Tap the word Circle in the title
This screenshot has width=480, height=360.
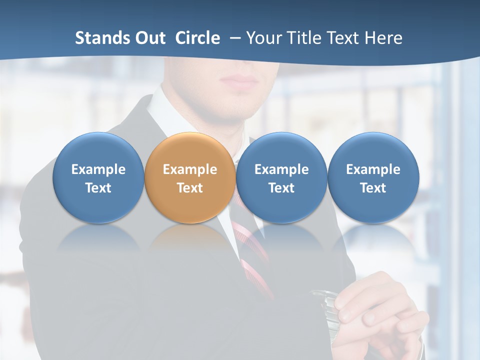[197, 38]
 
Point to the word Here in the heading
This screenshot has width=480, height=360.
[383, 38]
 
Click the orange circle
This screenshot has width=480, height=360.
[190, 177]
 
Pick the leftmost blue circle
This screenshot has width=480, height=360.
[98, 177]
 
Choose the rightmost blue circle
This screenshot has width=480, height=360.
[373, 177]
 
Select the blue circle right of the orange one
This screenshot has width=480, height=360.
[281, 177]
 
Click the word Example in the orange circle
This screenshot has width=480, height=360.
[190, 169]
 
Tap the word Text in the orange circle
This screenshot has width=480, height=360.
[190, 188]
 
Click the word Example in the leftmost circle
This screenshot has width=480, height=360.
[98, 169]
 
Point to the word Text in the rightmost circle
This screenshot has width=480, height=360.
[373, 188]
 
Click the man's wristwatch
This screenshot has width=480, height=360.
[325, 305]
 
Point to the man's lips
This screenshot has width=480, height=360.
[239, 79]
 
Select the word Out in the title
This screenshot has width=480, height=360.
[150, 38]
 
